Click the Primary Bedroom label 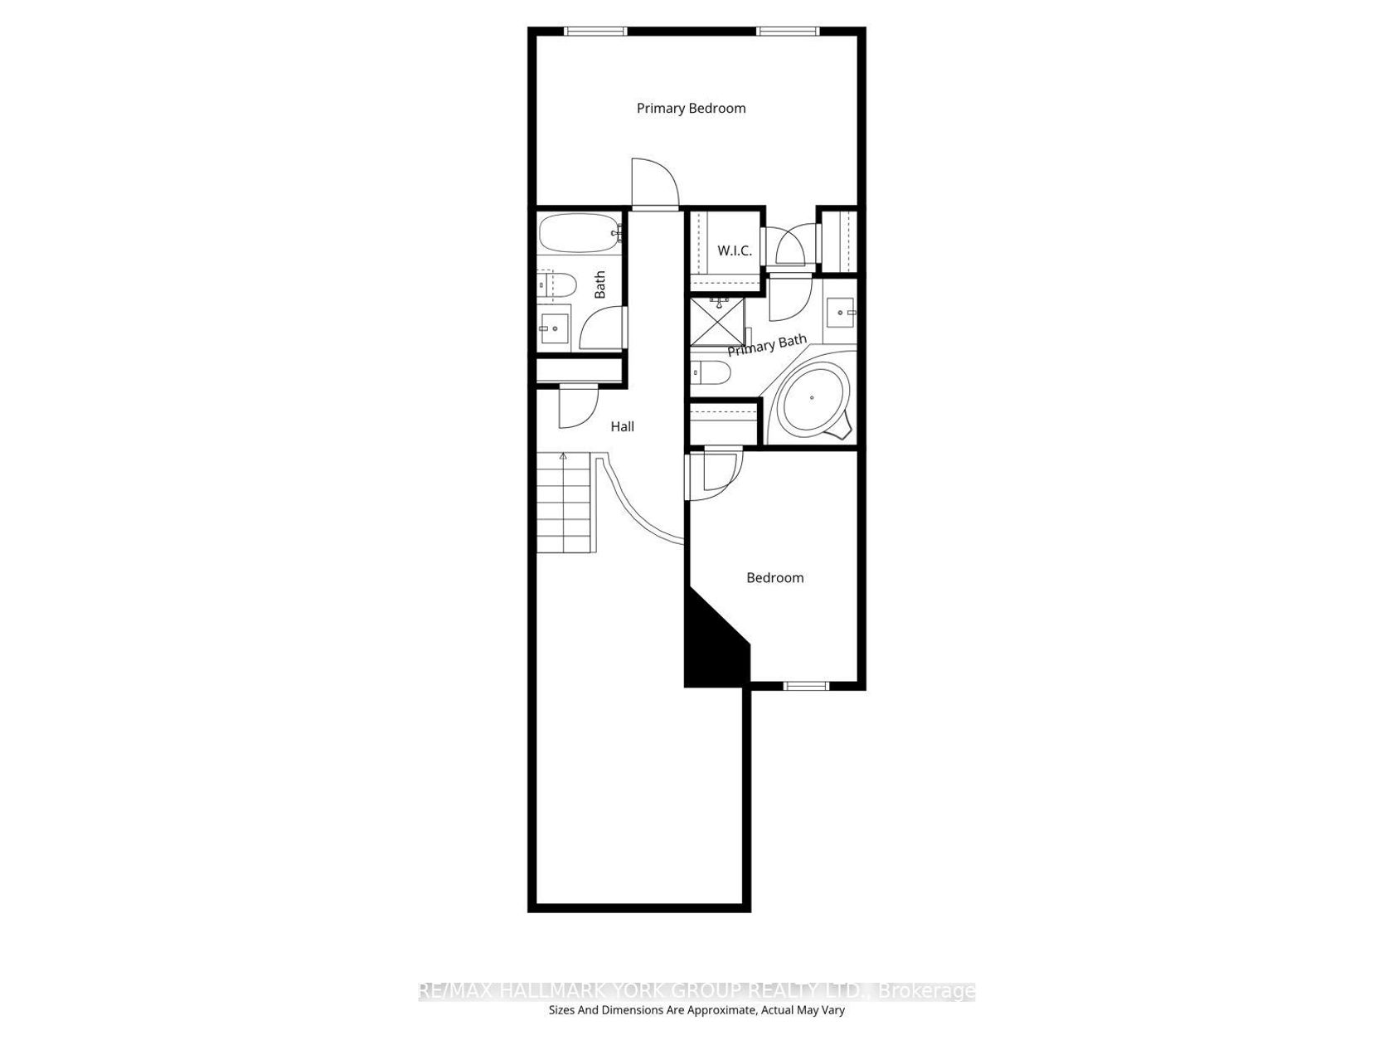click(x=691, y=109)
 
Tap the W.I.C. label click(x=735, y=250)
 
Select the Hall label click(x=622, y=426)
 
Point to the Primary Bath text click(x=767, y=345)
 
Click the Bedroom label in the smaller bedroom click(x=774, y=577)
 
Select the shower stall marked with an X click(x=717, y=323)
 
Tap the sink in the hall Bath click(x=554, y=328)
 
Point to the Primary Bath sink click(x=840, y=312)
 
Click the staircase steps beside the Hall click(x=565, y=503)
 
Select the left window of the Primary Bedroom click(x=595, y=31)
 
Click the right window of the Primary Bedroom click(x=788, y=31)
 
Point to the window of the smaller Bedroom click(x=805, y=685)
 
